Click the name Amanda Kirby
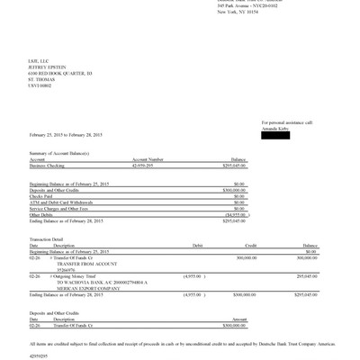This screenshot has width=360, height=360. click(x=275, y=128)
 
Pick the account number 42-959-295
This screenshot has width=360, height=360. click(x=148, y=166)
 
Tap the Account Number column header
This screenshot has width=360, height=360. click(x=148, y=160)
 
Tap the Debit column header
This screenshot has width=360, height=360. click(x=198, y=245)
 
